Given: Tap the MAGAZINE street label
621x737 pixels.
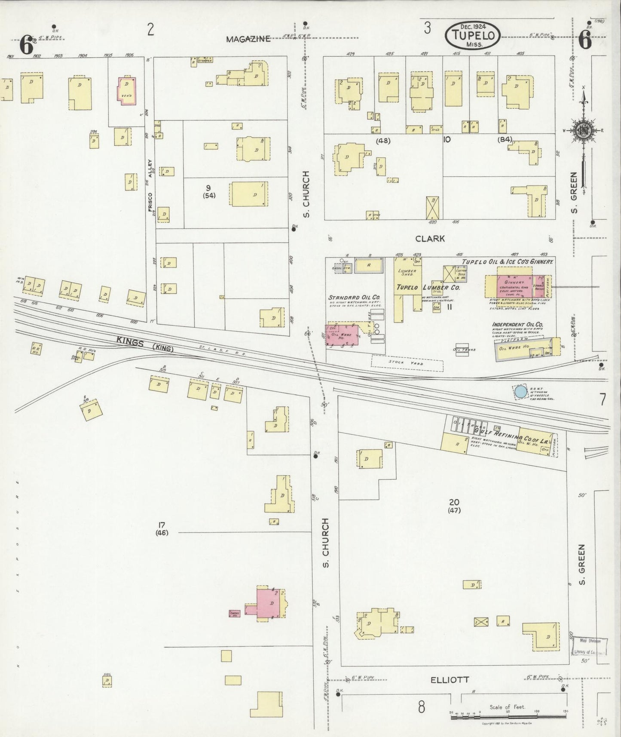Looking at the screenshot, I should (x=248, y=39).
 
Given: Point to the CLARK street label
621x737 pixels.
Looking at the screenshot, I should (x=430, y=239).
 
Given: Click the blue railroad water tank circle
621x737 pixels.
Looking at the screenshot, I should (x=520, y=392).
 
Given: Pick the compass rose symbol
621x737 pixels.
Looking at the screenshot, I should (x=583, y=131).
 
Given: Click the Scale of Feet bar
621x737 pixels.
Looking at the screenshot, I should (x=508, y=716).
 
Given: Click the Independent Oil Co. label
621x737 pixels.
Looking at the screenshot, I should (x=518, y=324).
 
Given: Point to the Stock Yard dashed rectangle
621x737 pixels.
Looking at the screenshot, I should (x=407, y=363).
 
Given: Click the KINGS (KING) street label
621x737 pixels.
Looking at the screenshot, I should (x=145, y=344).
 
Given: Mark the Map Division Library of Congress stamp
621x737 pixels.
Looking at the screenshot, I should (x=590, y=646).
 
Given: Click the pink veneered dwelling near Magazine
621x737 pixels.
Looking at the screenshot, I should (x=127, y=90).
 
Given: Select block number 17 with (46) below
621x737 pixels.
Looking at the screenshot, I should (x=162, y=528).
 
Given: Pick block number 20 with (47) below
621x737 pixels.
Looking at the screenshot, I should (x=454, y=506).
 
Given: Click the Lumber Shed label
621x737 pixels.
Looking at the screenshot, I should (x=407, y=273).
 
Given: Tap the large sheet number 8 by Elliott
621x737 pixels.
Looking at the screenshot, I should (x=422, y=706).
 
